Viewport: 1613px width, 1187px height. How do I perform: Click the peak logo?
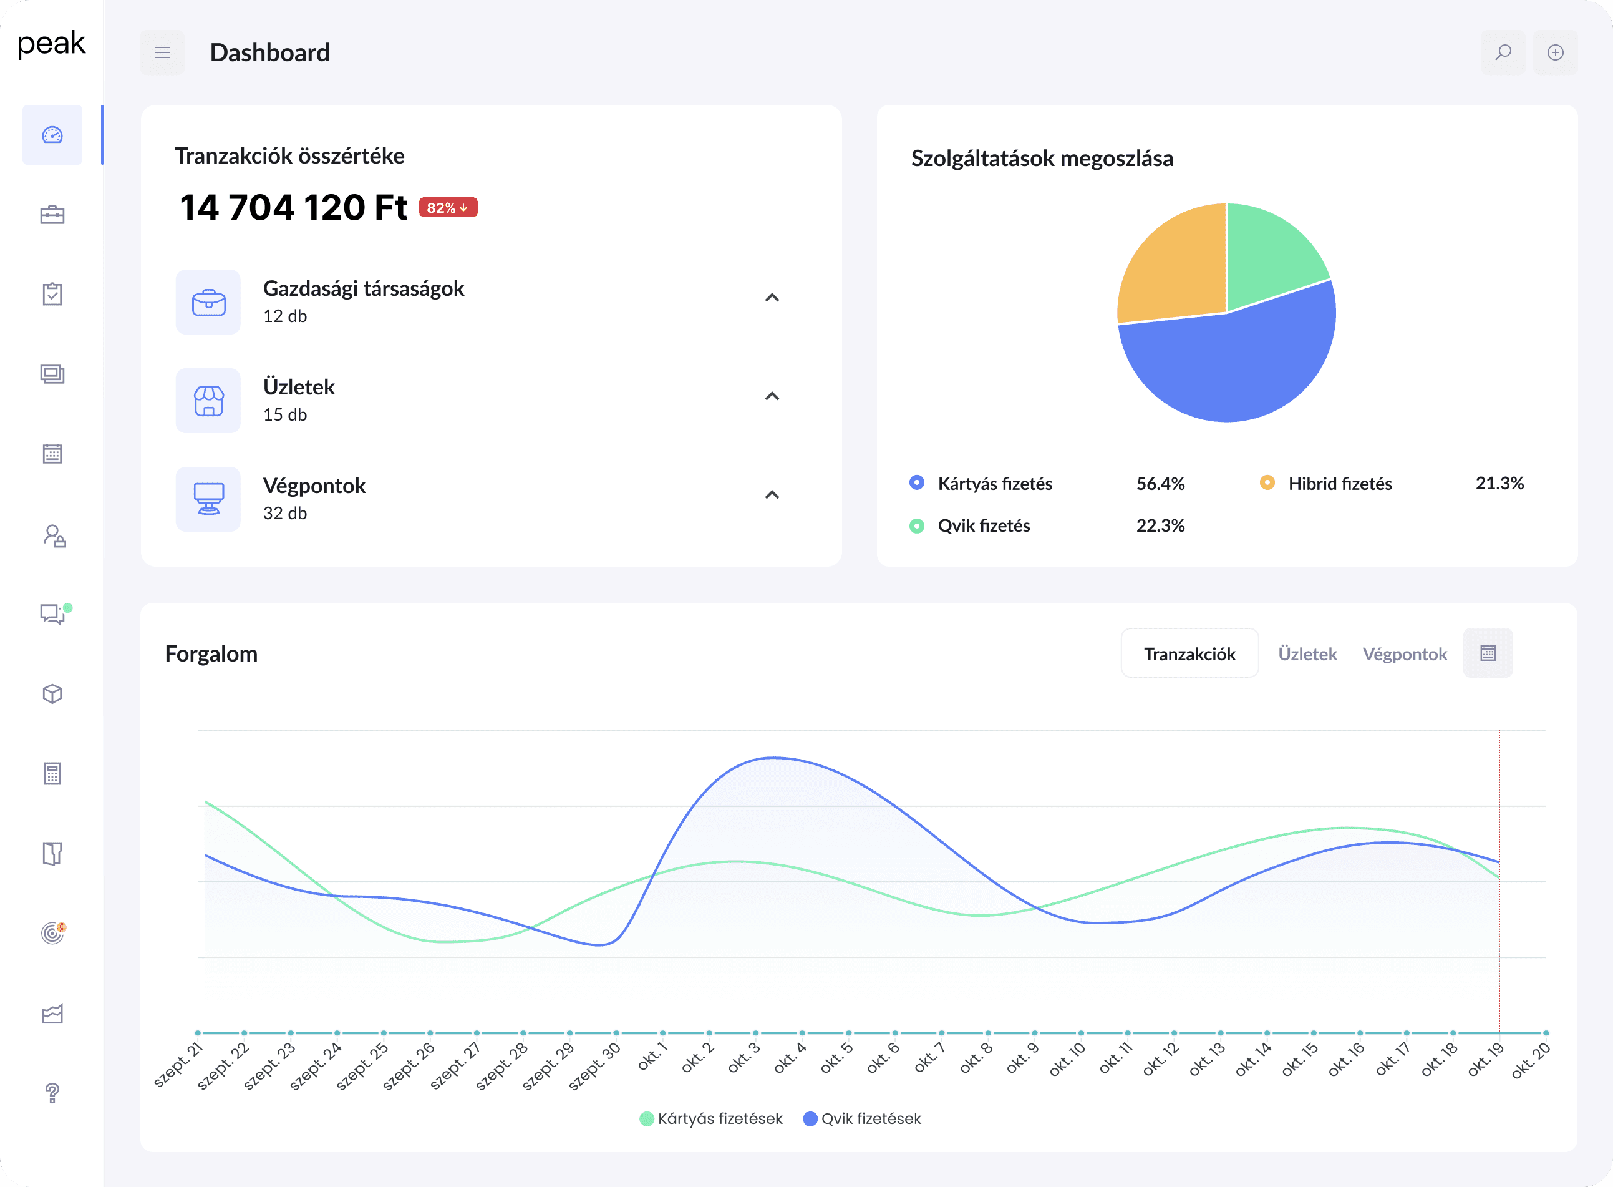[51, 44]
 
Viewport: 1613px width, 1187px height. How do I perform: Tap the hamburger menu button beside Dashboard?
[162, 52]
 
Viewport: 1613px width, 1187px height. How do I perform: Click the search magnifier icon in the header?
[1503, 52]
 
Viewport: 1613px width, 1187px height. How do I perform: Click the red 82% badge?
[447, 208]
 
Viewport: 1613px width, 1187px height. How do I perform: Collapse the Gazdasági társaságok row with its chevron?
[772, 298]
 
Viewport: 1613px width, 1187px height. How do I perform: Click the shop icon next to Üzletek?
[208, 401]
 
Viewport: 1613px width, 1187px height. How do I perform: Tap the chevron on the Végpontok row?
[772, 495]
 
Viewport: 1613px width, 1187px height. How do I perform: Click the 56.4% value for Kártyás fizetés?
[1160, 484]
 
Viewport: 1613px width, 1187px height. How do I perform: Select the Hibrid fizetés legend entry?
[1339, 484]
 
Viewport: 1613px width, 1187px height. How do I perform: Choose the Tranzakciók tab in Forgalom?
[1189, 654]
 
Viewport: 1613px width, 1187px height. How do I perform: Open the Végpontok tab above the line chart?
[1404, 654]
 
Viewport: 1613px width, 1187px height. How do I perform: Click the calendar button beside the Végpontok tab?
[1488, 653]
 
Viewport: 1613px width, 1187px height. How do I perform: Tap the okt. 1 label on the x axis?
[652, 1058]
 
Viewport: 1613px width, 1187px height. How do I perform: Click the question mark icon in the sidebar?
[52, 1093]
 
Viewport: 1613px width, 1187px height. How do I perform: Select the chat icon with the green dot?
[52, 614]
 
